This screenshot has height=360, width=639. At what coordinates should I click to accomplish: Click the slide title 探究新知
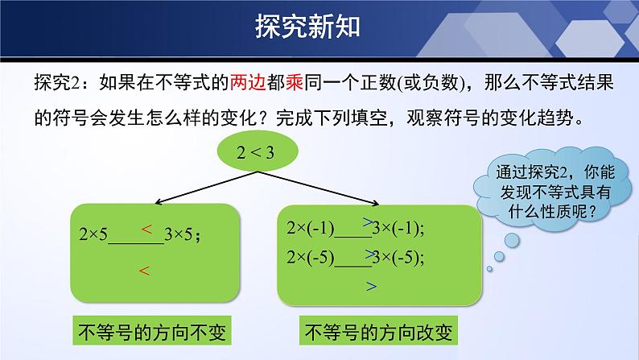pyautogui.click(x=307, y=27)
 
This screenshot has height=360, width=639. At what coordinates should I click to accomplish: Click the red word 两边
pyautogui.click(x=248, y=82)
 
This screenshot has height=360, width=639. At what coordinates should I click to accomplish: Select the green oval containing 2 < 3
pyautogui.click(x=258, y=151)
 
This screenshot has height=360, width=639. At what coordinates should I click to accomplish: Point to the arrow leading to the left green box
pyautogui.click(x=206, y=187)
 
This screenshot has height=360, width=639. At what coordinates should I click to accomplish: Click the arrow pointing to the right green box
pyautogui.click(x=318, y=188)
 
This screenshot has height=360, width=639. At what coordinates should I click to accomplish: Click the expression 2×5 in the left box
pyautogui.click(x=93, y=234)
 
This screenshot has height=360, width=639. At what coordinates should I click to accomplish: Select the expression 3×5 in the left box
pyautogui.click(x=178, y=234)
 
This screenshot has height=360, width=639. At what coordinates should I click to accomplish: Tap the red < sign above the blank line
pyautogui.click(x=146, y=230)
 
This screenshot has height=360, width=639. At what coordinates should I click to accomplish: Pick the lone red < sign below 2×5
pyautogui.click(x=144, y=271)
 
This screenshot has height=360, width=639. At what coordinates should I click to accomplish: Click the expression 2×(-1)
pyautogui.click(x=310, y=228)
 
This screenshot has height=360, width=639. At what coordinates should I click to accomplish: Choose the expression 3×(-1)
pyautogui.click(x=396, y=228)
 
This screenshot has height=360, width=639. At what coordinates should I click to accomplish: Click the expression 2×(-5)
pyautogui.click(x=310, y=257)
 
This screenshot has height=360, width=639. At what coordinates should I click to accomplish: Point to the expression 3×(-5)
pyautogui.click(x=396, y=257)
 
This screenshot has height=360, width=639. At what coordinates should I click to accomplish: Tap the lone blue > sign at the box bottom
pyautogui.click(x=371, y=287)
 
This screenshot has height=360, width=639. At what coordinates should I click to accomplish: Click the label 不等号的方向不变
pyautogui.click(x=152, y=331)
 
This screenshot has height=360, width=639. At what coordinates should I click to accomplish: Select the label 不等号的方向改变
pyautogui.click(x=378, y=331)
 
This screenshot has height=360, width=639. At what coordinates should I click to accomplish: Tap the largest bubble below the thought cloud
pyautogui.click(x=513, y=241)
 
